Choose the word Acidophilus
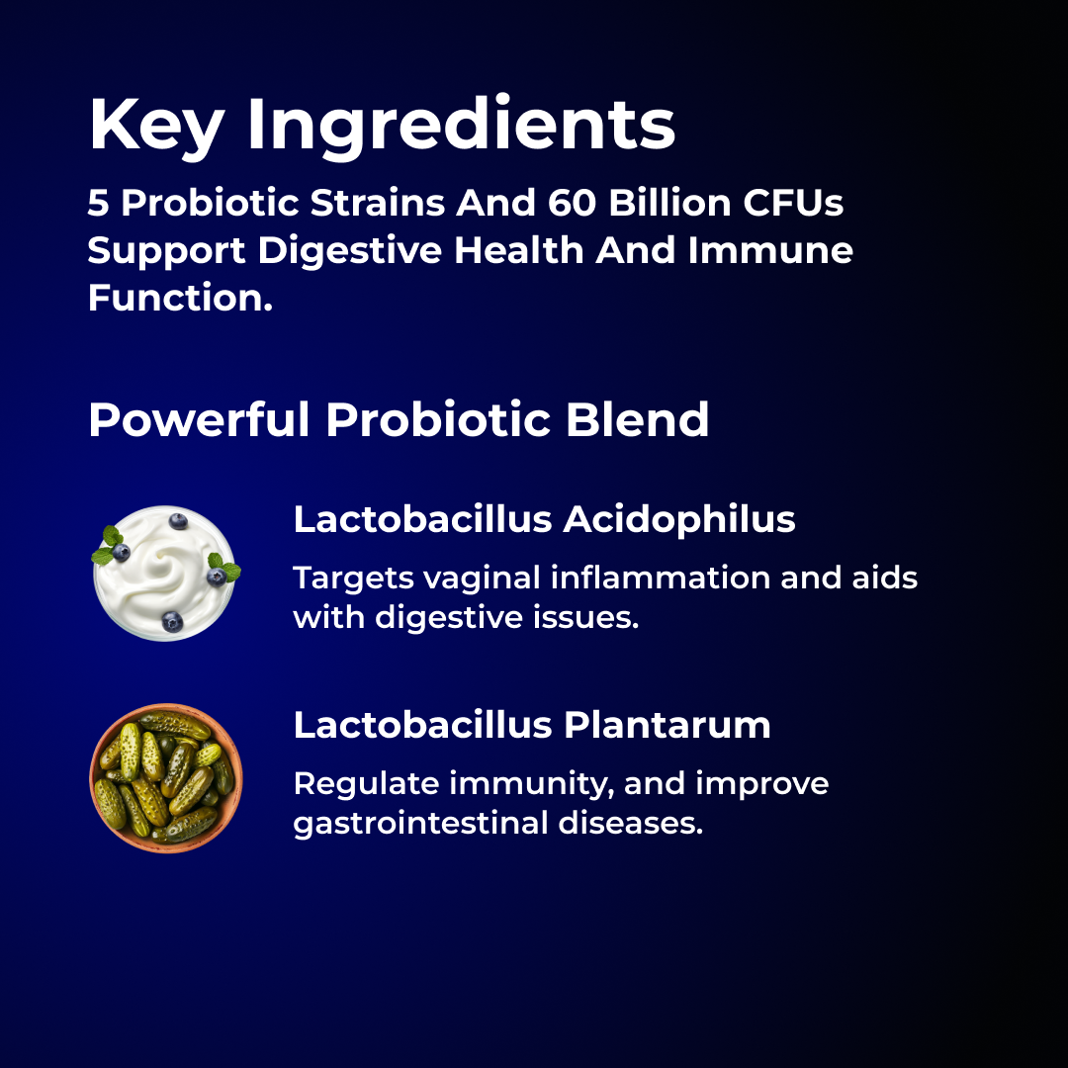pos(679,519)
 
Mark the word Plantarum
pos(667,725)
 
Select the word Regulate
pos(366,784)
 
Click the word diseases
pos(631,823)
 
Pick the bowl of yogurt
pos(165,574)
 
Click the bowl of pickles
pos(165,778)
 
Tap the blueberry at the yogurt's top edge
pos(178,521)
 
